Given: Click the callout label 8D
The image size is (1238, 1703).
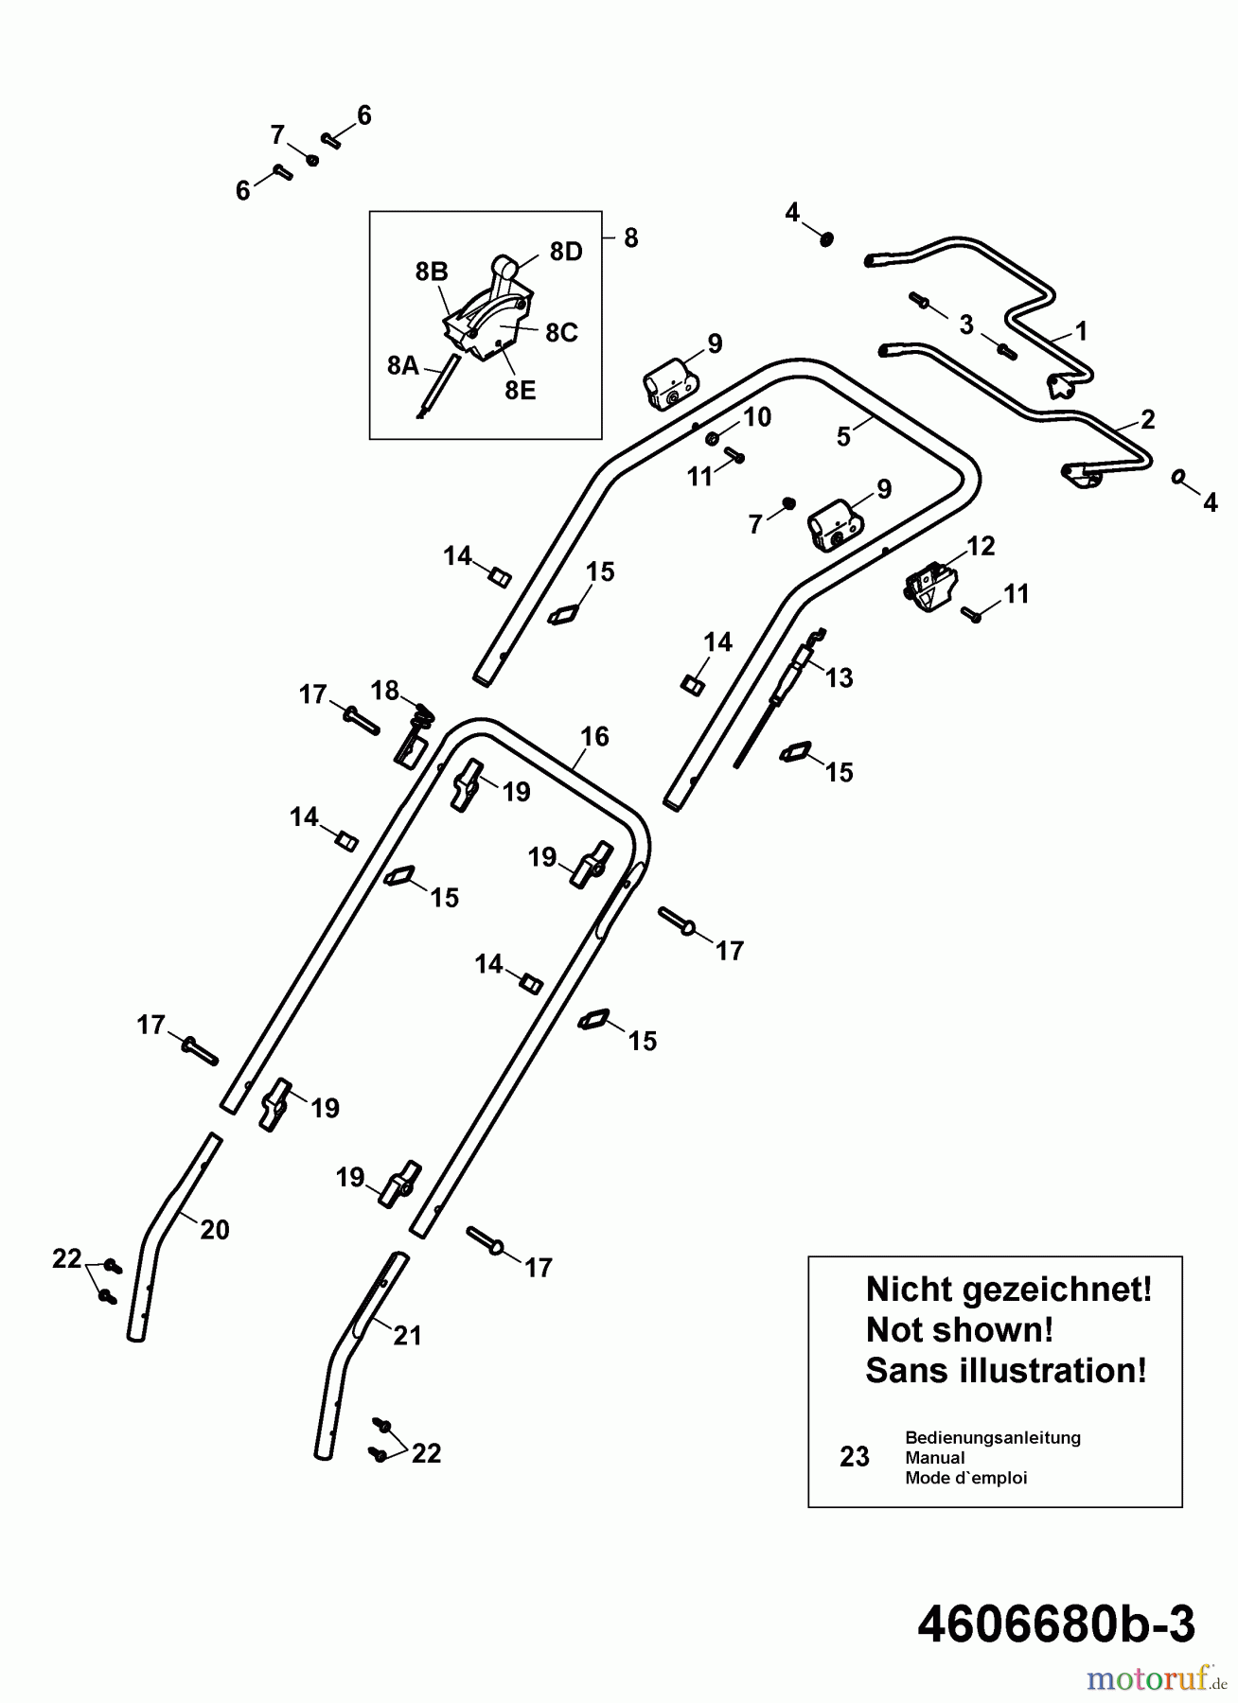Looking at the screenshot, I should (x=566, y=252).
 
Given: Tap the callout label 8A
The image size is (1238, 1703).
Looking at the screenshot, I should (x=403, y=365).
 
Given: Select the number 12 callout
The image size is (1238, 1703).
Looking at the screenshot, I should (x=981, y=546).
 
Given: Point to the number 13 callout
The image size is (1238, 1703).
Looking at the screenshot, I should (x=839, y=677).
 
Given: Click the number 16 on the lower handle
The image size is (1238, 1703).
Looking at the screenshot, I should (x=594, y=736).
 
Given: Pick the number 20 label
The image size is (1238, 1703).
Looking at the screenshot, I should (x=215, y=1229).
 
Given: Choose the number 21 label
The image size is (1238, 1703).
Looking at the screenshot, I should (x=407, y=1335).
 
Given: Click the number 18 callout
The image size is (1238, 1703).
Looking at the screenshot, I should (x=385, y=691).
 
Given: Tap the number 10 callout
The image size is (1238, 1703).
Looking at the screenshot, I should (x=757, y=417).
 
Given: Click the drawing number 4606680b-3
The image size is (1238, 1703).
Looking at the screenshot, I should (x=1056, y=1625).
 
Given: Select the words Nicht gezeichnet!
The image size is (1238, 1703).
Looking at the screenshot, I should (x=1008, y=1289).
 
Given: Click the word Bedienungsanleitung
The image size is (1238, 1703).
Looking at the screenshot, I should (x=992, y=1437).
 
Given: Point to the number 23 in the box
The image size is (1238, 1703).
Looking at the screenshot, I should (x=855, y=1457).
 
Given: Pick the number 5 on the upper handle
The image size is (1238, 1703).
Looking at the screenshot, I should (x=843, y=437).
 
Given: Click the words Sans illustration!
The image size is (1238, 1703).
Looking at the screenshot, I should (x=1005, y=1370).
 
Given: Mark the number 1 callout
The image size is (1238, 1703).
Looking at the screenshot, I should (x=1081, y=331).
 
